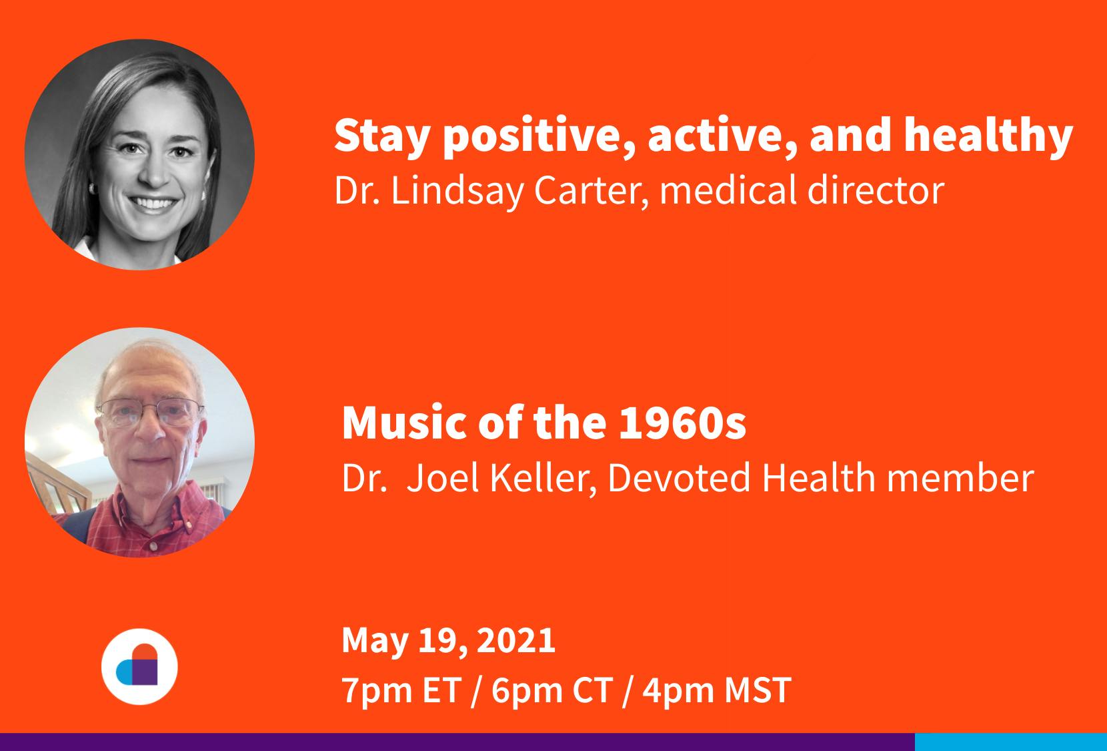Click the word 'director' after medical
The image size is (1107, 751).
click(876, 190)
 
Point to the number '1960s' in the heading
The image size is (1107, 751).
click(682, 423)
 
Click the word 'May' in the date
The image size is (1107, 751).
click(375, 642)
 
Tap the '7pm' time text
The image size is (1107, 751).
click(377, 691)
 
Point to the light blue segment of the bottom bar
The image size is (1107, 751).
click(1010, 742)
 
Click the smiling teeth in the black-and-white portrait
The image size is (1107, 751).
click(153, 204)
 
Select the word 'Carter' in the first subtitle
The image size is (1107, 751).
click(591, 191)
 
